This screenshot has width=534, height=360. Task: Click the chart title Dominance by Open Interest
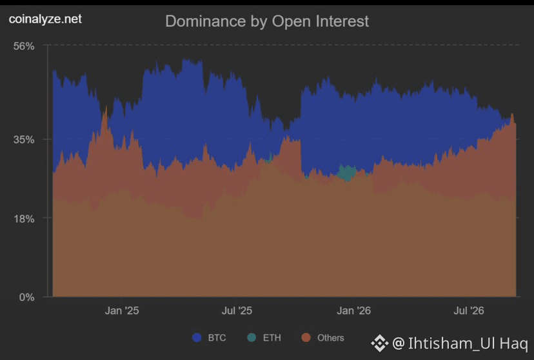coord(267,21)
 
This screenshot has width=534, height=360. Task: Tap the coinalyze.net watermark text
coord(45,19)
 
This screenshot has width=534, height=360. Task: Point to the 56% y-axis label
coord(24,46)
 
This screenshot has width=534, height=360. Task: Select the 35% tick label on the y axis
coord(24,139)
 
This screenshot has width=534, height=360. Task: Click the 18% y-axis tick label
coord(24,219)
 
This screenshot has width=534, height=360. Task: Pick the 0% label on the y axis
coord(26,297)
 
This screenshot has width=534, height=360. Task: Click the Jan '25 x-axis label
coord(122,310)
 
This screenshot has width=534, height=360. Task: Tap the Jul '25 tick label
coord(237,310)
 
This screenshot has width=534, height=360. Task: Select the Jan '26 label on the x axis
coord(353,310)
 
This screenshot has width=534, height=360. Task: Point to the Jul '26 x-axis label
coord(469,310)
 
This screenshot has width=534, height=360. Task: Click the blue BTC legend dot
coord(197,337)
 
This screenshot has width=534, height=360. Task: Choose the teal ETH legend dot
coord(252,337)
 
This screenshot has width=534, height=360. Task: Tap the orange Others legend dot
coord(306,337)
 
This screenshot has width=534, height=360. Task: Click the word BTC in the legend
coord(217,338)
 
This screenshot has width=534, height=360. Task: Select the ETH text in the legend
coord(272,338)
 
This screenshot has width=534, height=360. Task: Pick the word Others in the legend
coord(331,338)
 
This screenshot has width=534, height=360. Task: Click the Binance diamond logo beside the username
coord(380,343)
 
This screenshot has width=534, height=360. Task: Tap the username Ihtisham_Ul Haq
coord(468,343)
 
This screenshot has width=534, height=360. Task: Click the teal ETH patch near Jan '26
coord(347,174)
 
